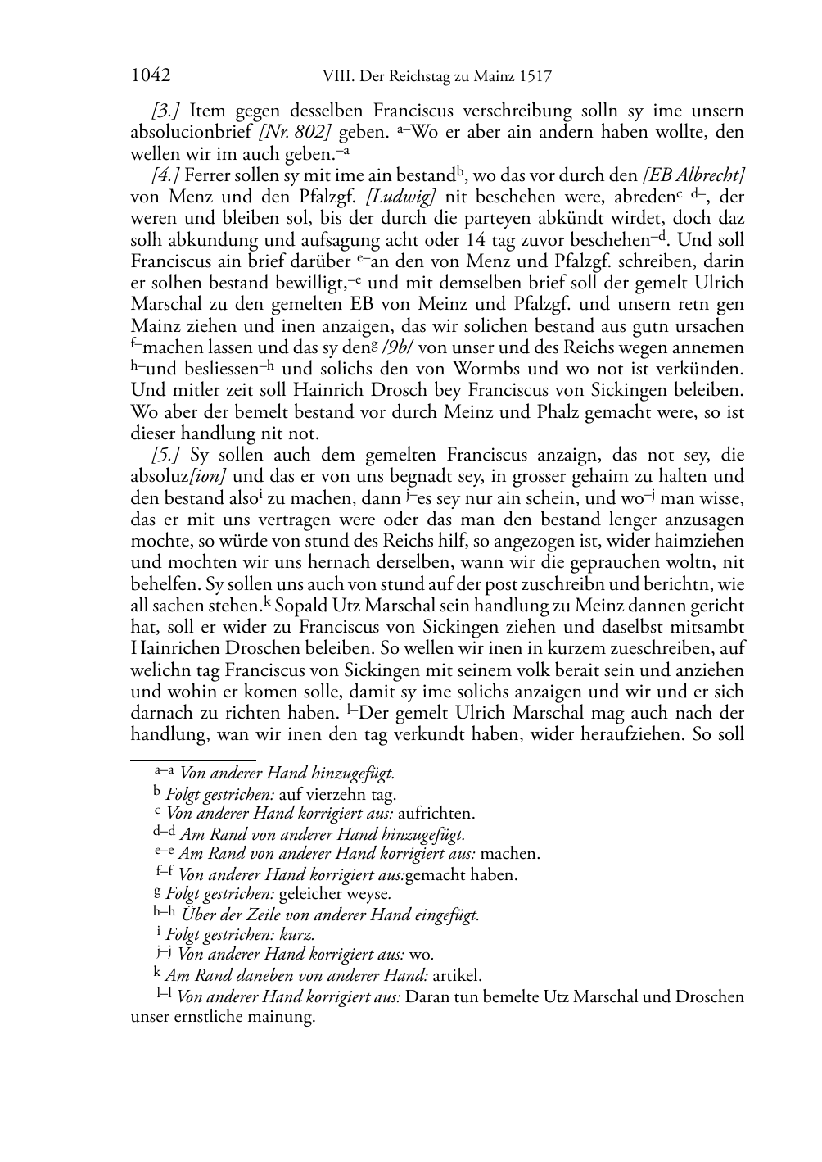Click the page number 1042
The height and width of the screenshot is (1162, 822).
(151, 76)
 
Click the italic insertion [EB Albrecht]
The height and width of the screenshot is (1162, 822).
(694, 175)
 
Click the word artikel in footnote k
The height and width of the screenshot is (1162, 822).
(457, 975)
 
